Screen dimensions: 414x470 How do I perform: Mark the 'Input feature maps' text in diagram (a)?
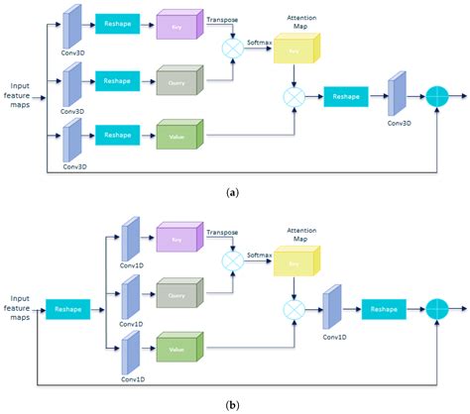[x=22, y=93]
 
